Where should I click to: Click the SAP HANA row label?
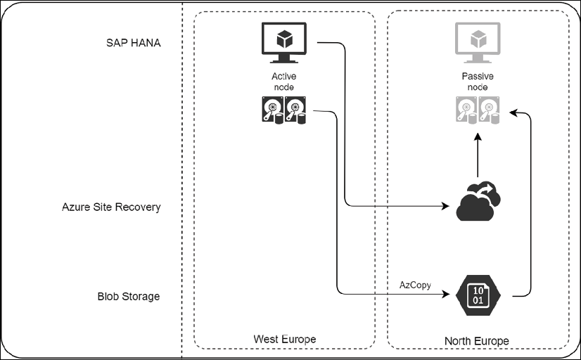(x=129, y=43)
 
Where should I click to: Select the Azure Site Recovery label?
(x=112, y=207)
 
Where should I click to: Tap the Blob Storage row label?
(x=128, y=296)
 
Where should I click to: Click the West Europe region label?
(x=284, y=339)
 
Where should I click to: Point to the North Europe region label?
(x=476, y=341)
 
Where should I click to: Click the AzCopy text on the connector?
(x=414, y=285)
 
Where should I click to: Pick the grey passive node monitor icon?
(x=477, y=42)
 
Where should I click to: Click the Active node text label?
(x=283, y=82)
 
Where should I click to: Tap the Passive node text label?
(x=478, y=82)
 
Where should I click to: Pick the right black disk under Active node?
(x=295, y=111)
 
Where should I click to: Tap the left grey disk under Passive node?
(x=466, y=111)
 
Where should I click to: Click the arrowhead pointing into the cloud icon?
(x=446, y=207)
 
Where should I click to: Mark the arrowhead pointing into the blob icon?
(x=446, y=295)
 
